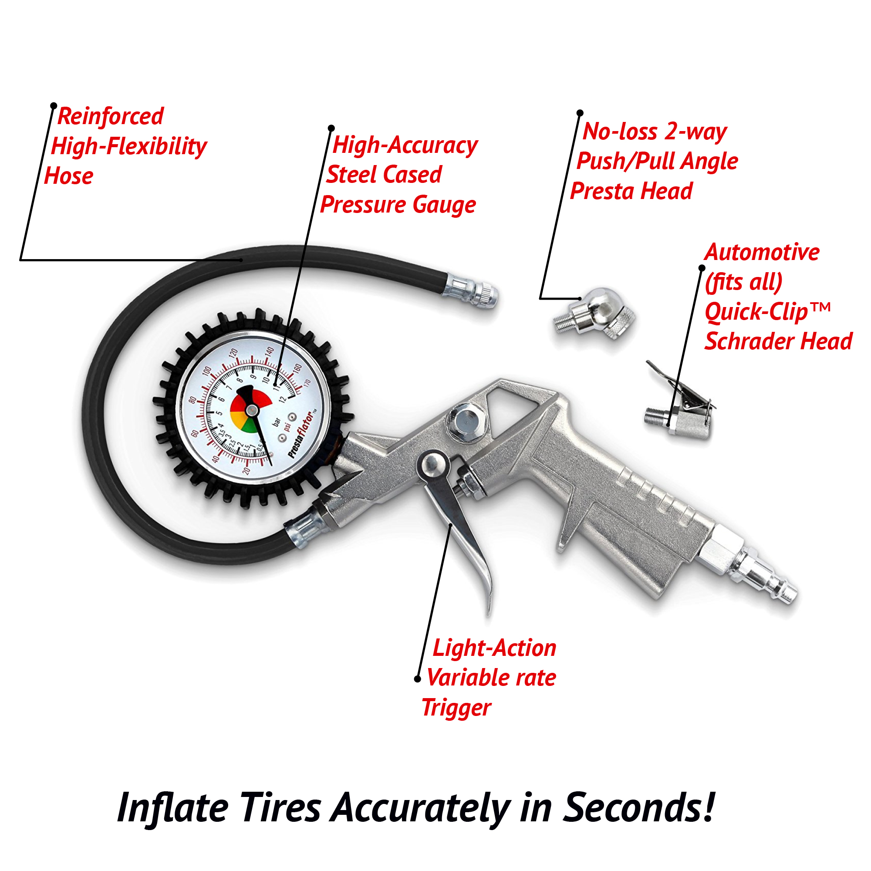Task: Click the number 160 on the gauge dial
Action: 297,368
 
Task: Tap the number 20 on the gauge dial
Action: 246,470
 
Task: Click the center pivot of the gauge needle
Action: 252,410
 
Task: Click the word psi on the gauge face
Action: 287,426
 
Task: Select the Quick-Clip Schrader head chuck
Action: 685,412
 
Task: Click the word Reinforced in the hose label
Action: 111,116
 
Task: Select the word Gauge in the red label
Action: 444,205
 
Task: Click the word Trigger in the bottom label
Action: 456,707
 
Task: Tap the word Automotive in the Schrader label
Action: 761,252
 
